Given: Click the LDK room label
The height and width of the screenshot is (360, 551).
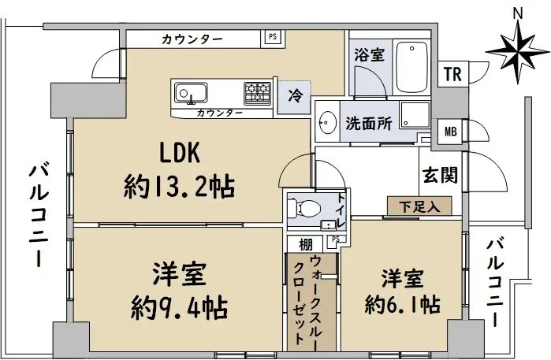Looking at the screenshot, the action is coord(180,153).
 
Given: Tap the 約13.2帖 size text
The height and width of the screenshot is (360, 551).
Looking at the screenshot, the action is coord(179,187).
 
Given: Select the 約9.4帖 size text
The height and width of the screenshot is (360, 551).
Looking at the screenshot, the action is coord(179,308).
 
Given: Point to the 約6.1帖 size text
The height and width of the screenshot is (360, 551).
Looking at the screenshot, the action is coord(402,304).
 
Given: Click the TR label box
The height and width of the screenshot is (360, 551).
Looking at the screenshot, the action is coord(452,74).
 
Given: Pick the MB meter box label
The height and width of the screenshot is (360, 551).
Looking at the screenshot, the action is coord(451,132).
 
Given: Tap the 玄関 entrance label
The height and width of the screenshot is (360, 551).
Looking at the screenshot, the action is coord(441,175).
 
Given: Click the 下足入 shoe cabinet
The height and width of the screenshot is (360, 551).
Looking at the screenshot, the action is coord(419,206).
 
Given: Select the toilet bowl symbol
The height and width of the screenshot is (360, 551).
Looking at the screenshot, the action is coord(304,209).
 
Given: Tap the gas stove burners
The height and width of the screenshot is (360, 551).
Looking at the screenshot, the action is coord(258,93).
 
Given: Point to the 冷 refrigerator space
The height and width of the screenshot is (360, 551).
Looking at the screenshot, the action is coord(295,97).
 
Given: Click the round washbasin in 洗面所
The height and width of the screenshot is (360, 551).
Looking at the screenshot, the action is coord(327,123).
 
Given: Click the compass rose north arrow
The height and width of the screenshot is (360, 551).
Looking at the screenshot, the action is coord(519,52).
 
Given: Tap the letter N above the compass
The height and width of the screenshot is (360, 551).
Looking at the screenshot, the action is coord(518,13).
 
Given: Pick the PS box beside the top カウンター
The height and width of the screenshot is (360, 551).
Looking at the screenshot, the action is coord(273,36).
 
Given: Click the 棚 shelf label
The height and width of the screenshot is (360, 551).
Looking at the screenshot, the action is coord(306,245).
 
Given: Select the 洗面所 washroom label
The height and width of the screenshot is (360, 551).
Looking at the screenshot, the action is coord(369,123).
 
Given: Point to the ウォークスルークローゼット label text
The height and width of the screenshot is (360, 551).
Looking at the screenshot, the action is coord(305,300).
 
